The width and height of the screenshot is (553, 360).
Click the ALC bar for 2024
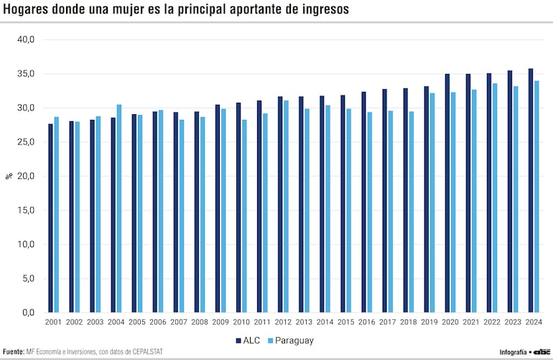[531, 190]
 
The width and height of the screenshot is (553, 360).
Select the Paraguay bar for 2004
[119, 208]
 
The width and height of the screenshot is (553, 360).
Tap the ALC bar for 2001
[50, 218]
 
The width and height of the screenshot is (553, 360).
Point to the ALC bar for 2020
[447, 193]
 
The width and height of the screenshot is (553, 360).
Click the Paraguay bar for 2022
[494, 198]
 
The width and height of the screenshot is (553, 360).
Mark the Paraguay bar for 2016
[369, 212]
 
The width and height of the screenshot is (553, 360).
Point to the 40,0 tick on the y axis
[26, 40]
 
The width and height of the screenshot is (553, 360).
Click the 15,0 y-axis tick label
[26, 210]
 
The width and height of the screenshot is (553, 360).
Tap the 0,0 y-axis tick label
[28, 313]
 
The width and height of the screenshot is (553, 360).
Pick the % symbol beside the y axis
[9, 175]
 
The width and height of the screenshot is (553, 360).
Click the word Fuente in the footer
[14, 352]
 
